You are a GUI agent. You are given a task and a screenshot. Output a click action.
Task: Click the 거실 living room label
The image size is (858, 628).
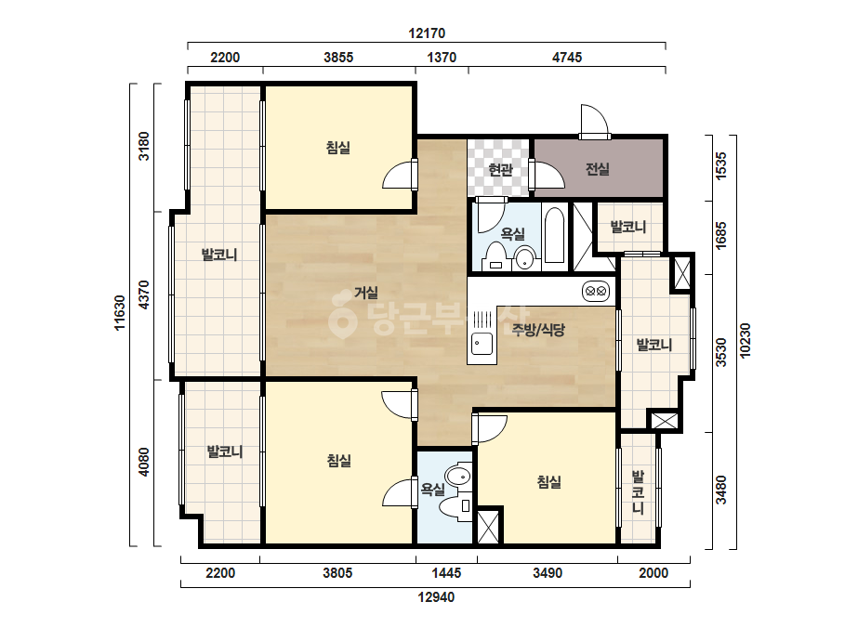(366, 293)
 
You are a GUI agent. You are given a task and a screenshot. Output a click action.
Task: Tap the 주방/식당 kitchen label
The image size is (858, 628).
(538, 329)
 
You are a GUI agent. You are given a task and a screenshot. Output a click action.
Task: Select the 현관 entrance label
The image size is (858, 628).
(500, 170)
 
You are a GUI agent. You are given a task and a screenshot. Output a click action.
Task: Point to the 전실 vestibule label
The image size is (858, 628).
(598, 169)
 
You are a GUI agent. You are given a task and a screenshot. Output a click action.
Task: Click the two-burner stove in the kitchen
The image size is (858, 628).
(596, 291)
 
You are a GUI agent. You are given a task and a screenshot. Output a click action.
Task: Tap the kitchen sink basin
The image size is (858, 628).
(482, 344)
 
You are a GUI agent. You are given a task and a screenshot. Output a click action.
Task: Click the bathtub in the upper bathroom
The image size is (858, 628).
(554, 236)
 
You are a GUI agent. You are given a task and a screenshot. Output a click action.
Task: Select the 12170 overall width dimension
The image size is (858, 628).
(427, 33)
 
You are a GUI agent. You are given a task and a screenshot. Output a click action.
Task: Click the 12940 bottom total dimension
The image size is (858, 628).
(436, 596)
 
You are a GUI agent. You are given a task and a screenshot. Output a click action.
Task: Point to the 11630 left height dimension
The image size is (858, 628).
(119, 313)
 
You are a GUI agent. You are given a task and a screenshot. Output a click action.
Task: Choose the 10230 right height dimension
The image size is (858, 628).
(745, 341)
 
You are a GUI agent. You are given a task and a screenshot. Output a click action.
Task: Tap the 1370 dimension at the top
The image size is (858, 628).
(442, 58)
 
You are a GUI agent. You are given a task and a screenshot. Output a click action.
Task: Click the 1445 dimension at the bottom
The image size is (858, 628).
(446, 573)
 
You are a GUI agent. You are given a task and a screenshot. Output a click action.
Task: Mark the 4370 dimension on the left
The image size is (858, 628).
(143, 294)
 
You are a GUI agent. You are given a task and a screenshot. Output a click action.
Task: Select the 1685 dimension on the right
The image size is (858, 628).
(721, 235)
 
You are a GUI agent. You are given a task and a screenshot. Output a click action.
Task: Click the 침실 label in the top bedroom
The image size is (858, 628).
(338, 147)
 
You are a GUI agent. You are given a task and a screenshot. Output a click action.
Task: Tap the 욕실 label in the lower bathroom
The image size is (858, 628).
(432, 489)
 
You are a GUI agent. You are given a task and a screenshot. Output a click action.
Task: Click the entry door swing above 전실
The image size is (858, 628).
(594, 121)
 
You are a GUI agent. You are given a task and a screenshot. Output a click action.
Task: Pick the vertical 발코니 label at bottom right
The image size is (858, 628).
(638, 491)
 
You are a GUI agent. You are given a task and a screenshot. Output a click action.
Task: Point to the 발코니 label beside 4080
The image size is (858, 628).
(225, 451)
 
